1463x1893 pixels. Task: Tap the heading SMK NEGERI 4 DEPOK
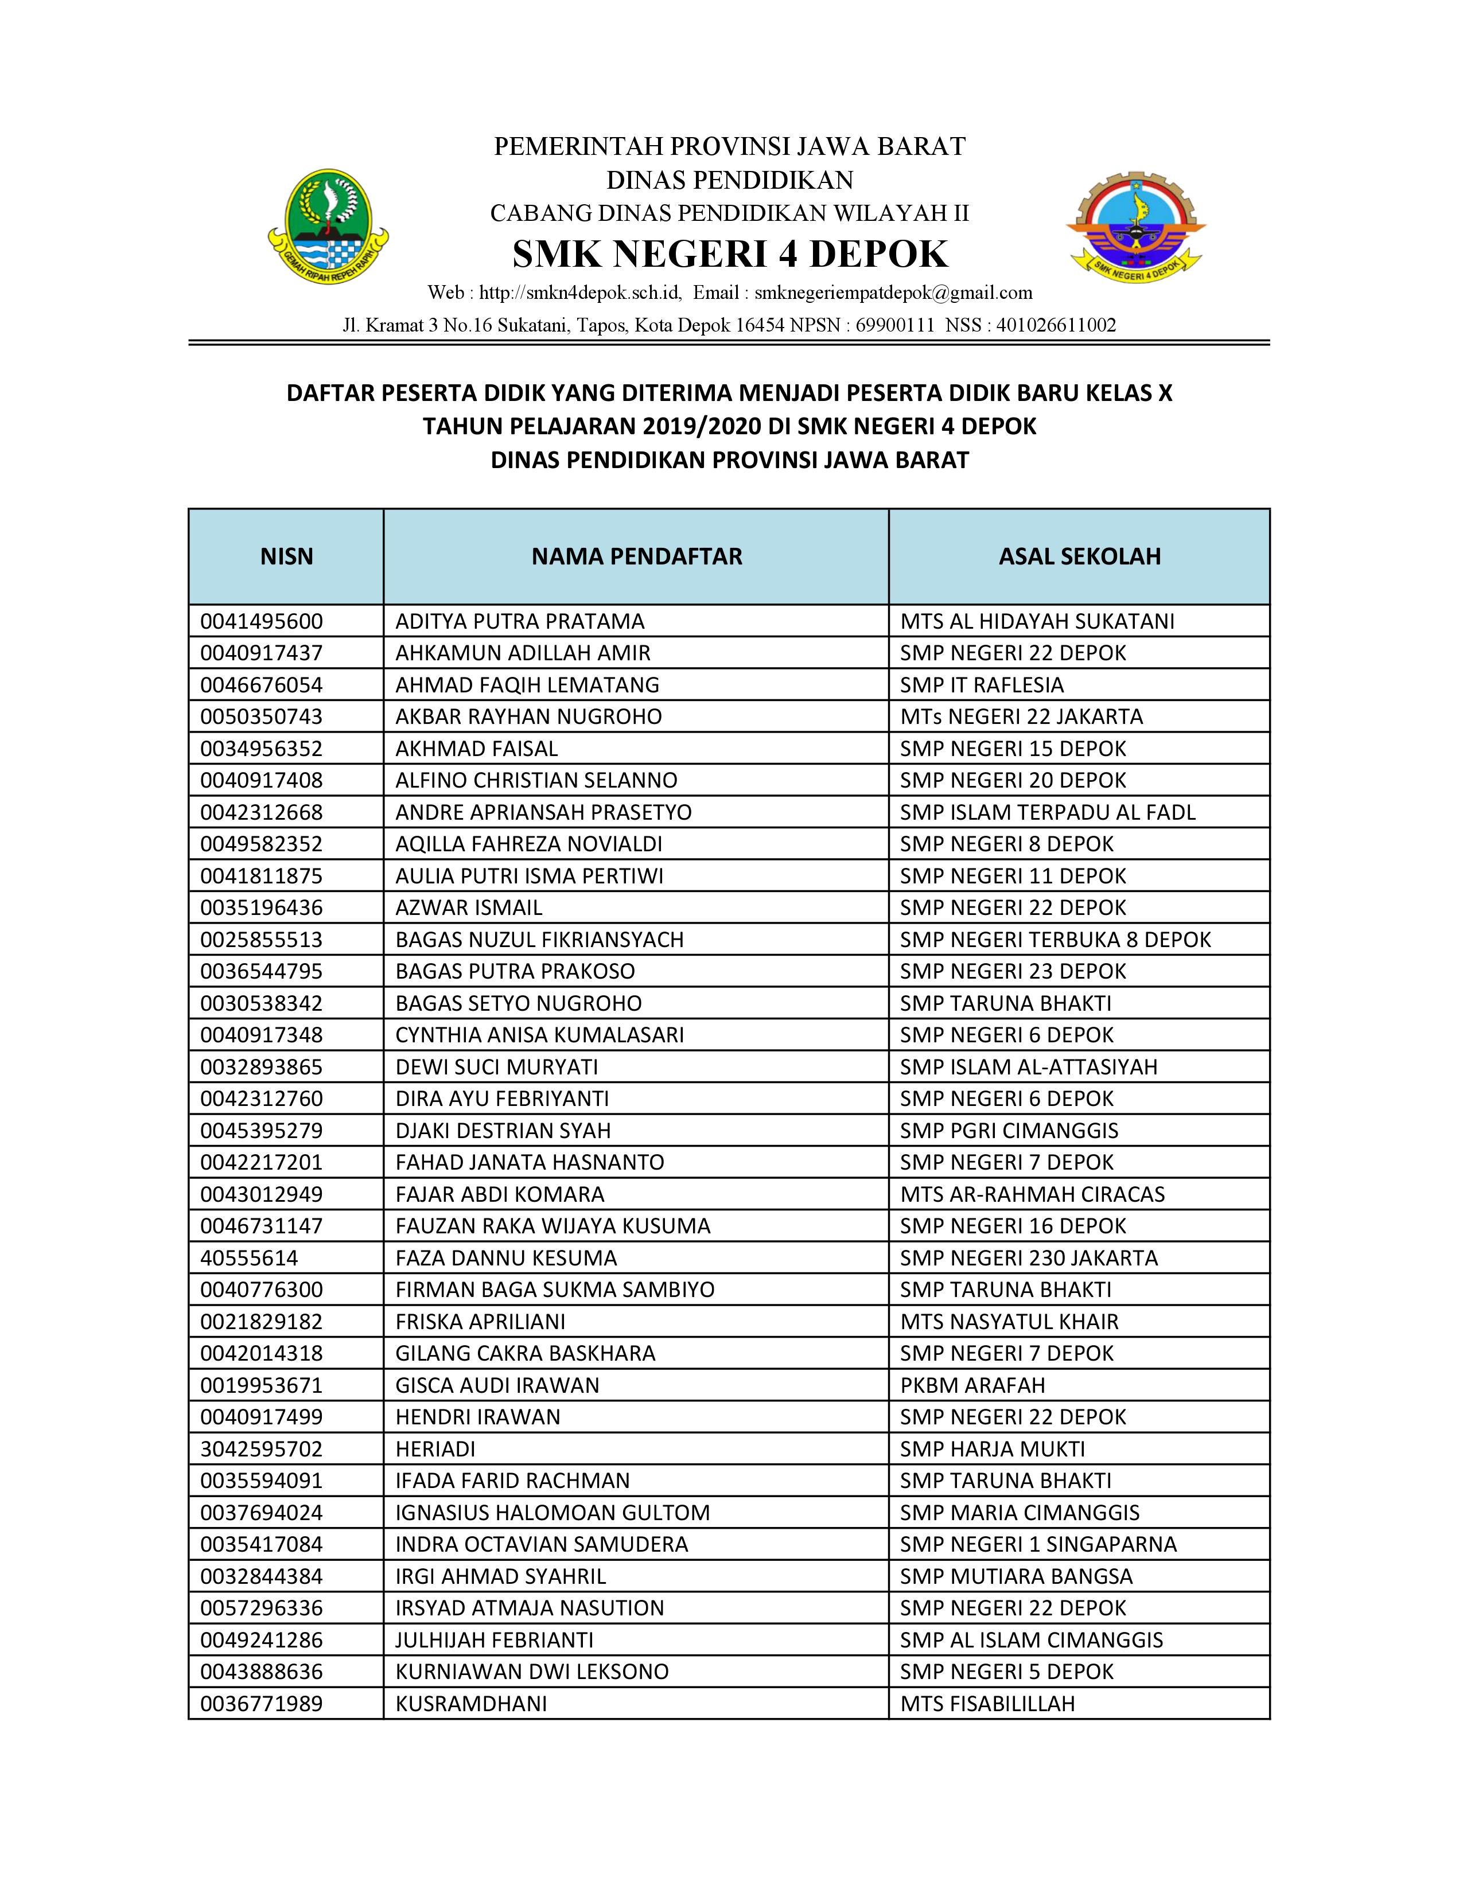point(730,254)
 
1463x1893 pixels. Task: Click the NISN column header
point(286,556)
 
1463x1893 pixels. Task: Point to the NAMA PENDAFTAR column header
point(636,556)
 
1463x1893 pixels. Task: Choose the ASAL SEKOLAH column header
point(1079,556)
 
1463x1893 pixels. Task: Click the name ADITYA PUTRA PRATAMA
point(520,621)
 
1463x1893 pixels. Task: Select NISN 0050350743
point(261,717)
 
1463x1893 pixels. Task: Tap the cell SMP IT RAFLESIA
point(981,685)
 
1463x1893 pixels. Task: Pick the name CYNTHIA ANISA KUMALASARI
point(539,1035)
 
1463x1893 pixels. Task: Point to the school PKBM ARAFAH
point(972,1385)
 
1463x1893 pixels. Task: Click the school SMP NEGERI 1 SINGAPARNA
point(1037,1544)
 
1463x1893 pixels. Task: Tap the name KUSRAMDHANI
point(470,1703)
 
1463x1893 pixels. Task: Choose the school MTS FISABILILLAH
point(987,1703)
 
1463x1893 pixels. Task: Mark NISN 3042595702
point(261,1448)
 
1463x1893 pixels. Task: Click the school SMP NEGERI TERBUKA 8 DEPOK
point(1055,940)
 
